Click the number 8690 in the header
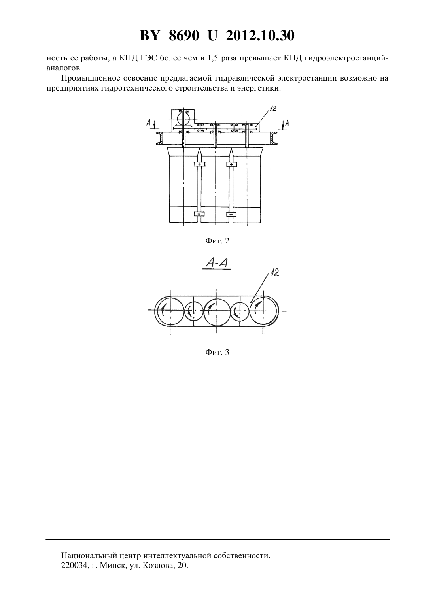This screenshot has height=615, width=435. pyautogui.click(x=184, y=36)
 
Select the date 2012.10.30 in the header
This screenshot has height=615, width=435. pyautogui.click(x=260, y=36)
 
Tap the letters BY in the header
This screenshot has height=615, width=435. pyautogui.click(x=149, y=36)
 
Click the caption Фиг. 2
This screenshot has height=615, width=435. pyautogui.click(x=217, y=241)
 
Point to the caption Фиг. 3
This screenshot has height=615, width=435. pyautogui.click(x=217, y=352)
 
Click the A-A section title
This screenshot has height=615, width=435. pyautogui.click(x=217, y=264)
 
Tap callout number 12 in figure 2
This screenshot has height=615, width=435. pyautogui.click(x=273, y=108)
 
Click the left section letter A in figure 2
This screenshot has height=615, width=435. pyautogui.click(x=148, y=123)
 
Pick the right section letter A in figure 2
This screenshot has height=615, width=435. pyautogui.click(x=287, y=123)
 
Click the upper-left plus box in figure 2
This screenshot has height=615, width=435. pyautogui.click(x=199, y=164)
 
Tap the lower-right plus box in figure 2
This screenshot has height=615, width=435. pyautogui.click(x=231, y=214)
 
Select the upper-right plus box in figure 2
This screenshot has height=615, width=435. pyautogui.click(x=231, y=164)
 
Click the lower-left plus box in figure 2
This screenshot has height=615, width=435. pyautogui.click(x=199, y=214)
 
